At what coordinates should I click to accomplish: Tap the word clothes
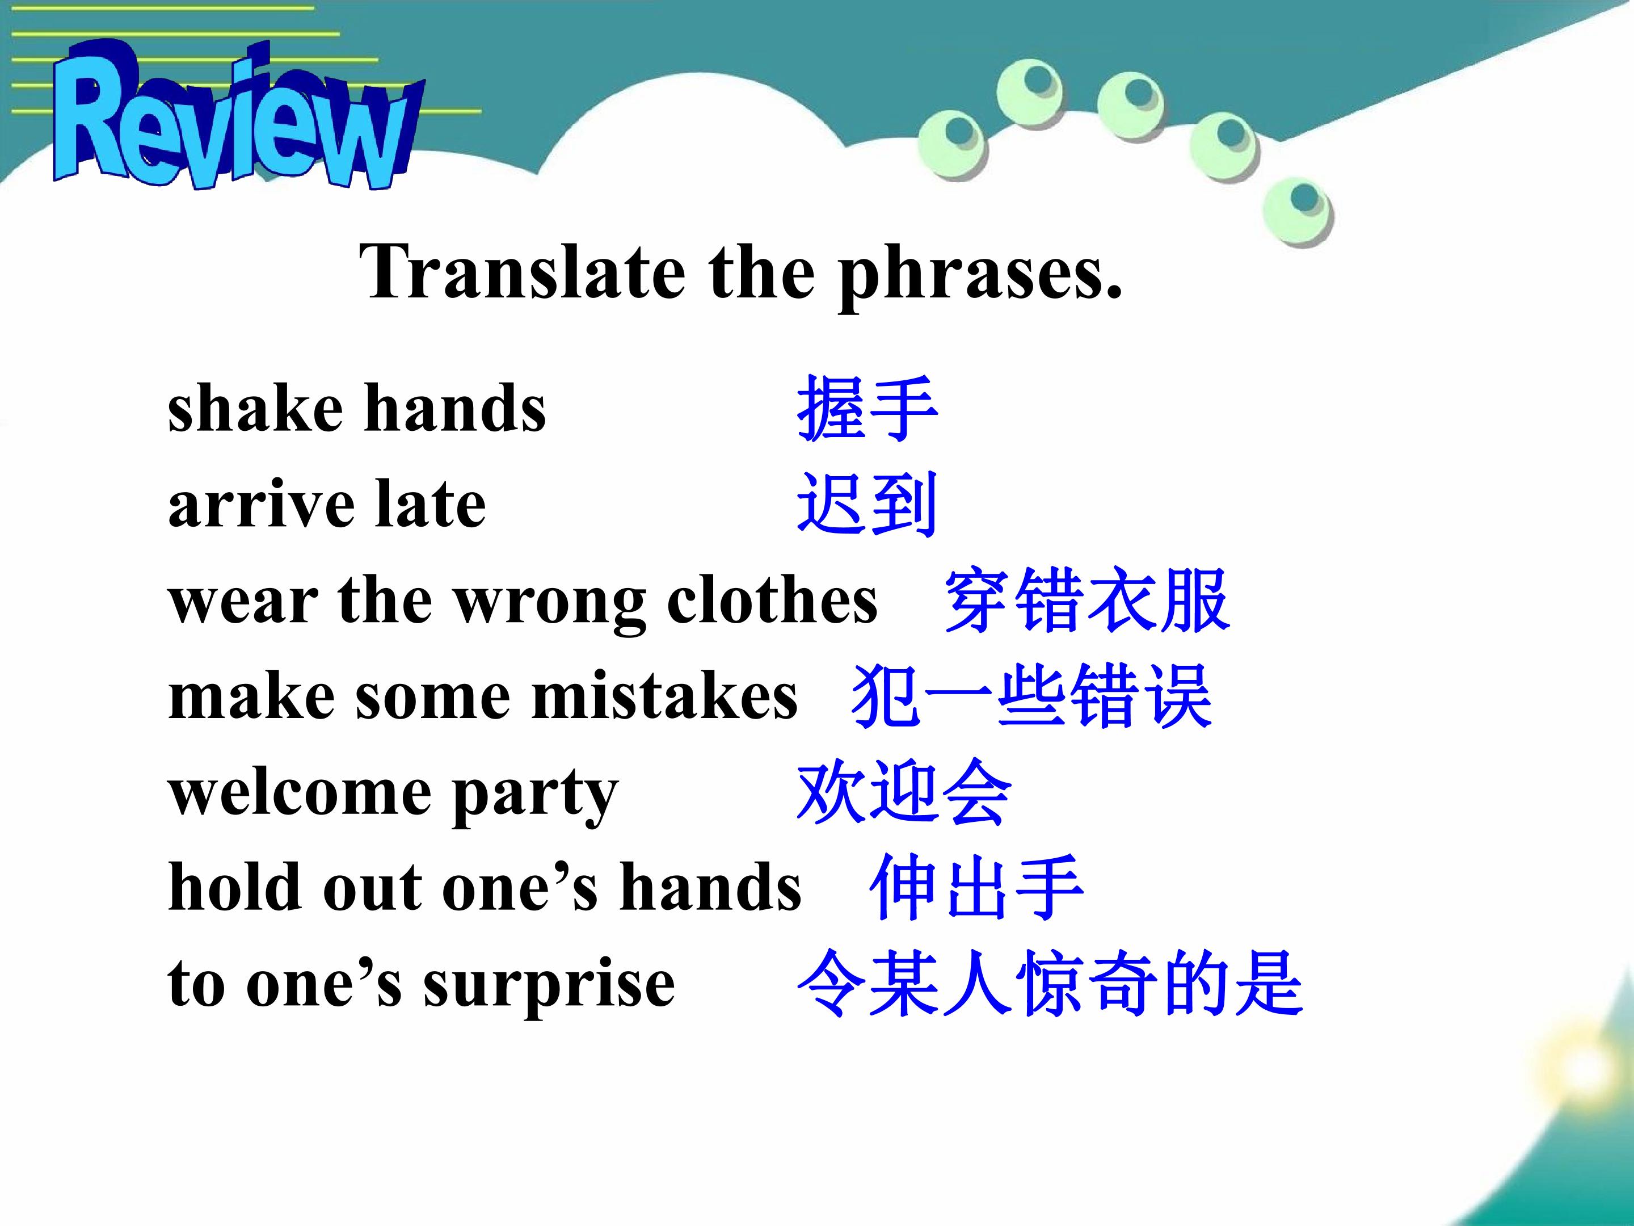click(x=772, y=599)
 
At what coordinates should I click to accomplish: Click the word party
click(x=536, y=797)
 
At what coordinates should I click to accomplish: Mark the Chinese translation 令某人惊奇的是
click(x=1050, y=984)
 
